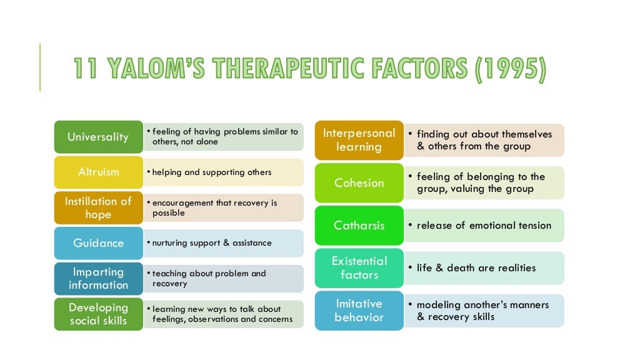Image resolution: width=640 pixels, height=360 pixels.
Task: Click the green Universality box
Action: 98,137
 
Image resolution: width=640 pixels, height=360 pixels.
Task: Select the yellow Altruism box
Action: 98,172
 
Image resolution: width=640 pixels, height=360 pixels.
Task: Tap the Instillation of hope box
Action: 98,207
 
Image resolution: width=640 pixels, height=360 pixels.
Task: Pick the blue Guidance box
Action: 98,243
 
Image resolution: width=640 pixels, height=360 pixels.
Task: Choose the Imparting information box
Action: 98,278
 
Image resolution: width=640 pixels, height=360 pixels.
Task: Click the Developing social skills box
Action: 98,314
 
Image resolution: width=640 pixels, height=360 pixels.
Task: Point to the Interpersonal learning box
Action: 359,140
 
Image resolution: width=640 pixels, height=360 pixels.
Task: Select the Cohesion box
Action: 359,182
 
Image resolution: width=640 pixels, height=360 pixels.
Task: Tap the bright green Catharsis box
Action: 359,226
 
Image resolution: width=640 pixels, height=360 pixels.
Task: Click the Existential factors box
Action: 359,268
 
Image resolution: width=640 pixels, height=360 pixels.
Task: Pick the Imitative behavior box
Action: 359,311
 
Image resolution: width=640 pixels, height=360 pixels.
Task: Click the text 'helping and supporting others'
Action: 211,172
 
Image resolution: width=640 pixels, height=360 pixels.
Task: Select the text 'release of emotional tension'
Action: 484,226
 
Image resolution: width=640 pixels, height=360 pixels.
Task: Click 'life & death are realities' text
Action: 476,268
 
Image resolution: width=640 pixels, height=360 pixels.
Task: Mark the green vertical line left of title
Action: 40,67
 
